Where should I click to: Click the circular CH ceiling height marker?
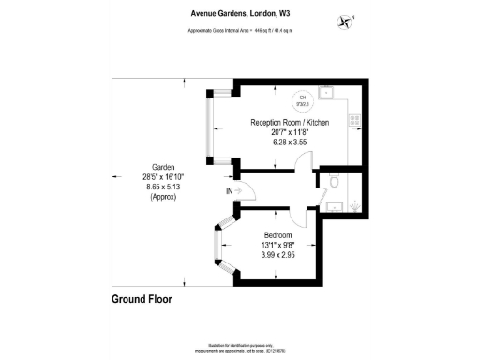click(303, 99)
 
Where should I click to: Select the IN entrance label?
click(229, 192)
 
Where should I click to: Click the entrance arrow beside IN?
click(240, 192)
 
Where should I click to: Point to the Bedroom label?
click(277, 234)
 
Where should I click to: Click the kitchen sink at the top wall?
click(326, 93)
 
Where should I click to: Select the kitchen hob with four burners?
click(354, 119)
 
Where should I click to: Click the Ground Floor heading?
click(135, 301)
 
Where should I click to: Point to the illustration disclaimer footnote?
click(240, 347)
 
